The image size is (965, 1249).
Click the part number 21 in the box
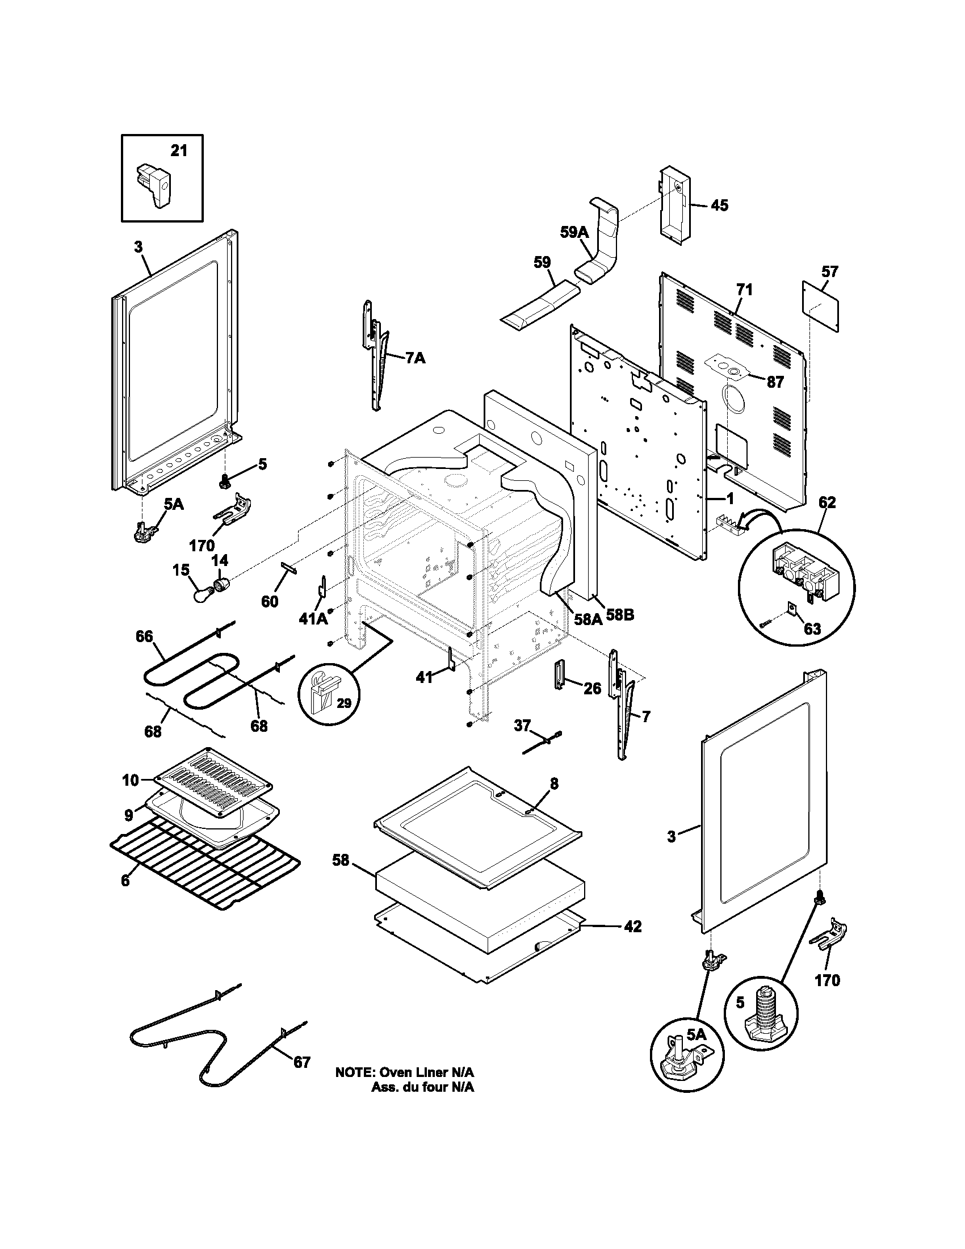coord(179,151)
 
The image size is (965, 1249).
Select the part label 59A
coord(574,232)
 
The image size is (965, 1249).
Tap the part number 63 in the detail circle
coord(812,628)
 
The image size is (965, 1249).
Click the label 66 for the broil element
coord(144,636)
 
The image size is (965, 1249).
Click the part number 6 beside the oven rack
coord(125,880)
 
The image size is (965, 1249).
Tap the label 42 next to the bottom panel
coord(632,926)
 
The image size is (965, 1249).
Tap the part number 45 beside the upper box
coord(719,205)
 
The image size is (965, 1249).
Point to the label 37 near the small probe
coord(522,725)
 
